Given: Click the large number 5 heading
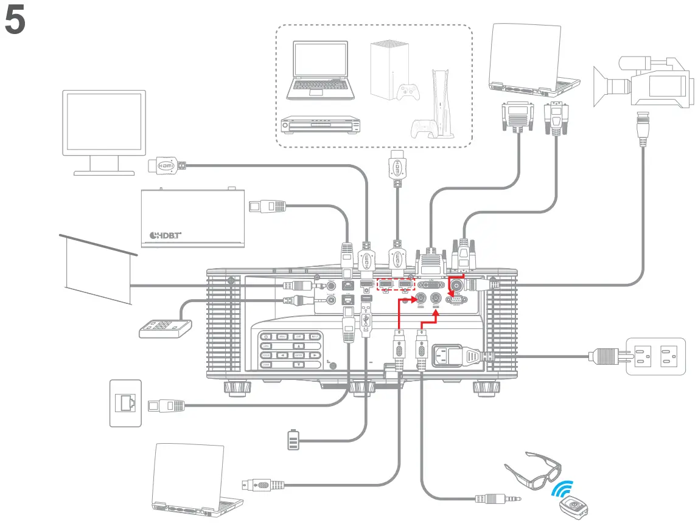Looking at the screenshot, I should tap(15, 22).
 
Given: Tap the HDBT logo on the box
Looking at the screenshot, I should tap(166, 235).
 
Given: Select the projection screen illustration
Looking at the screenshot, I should tap(97, 267).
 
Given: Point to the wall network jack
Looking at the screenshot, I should tap(125, 403).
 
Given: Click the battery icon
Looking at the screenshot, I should tap(293, 440).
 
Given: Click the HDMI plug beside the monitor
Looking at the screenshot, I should tap(166, 164).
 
